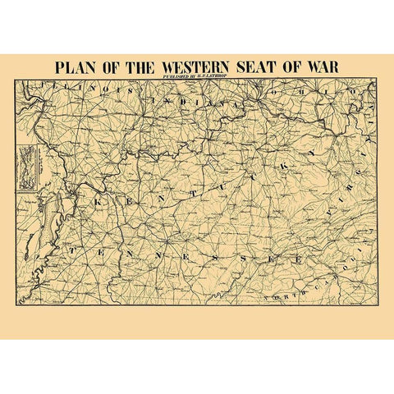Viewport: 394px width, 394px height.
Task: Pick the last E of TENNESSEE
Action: point(299,259)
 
